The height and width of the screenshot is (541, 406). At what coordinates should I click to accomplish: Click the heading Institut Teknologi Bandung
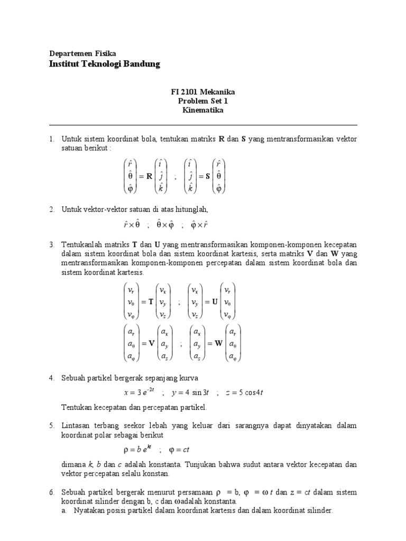pyautogui.click(x=104, y=64)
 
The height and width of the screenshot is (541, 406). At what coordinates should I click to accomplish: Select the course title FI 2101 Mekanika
pyautogui.click(x=202, y=92)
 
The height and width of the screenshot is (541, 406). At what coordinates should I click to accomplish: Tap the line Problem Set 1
pyautogui.click(x=202, y=101)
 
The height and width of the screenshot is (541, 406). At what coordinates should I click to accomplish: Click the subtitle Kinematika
pyautogui.click(x=202, y=110)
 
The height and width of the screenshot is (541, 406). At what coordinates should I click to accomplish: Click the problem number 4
pyautogui.click(x=51, y=378)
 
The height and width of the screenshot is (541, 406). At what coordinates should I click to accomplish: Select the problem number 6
pyautogui.click(x=51, y=492)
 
